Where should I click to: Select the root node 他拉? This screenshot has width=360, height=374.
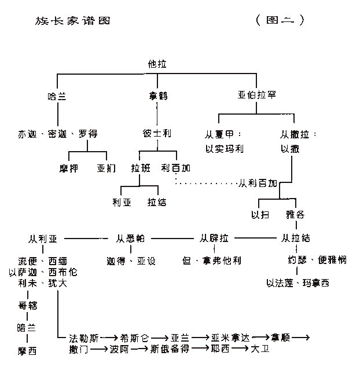click(x=157, y=64)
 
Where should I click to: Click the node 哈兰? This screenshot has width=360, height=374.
click(x=57, y=96)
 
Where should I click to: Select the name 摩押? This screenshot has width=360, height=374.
click(x=69, y=168)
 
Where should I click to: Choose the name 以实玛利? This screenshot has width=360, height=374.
click(x=224, y=149)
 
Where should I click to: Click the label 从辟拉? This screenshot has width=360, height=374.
click(x=214, y=238)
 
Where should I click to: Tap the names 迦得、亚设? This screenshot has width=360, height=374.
click(x=131, y=260)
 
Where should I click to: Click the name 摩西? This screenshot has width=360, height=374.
click(x=28, y=350)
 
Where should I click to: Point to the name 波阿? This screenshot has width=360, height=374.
click(x=119, y=349)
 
